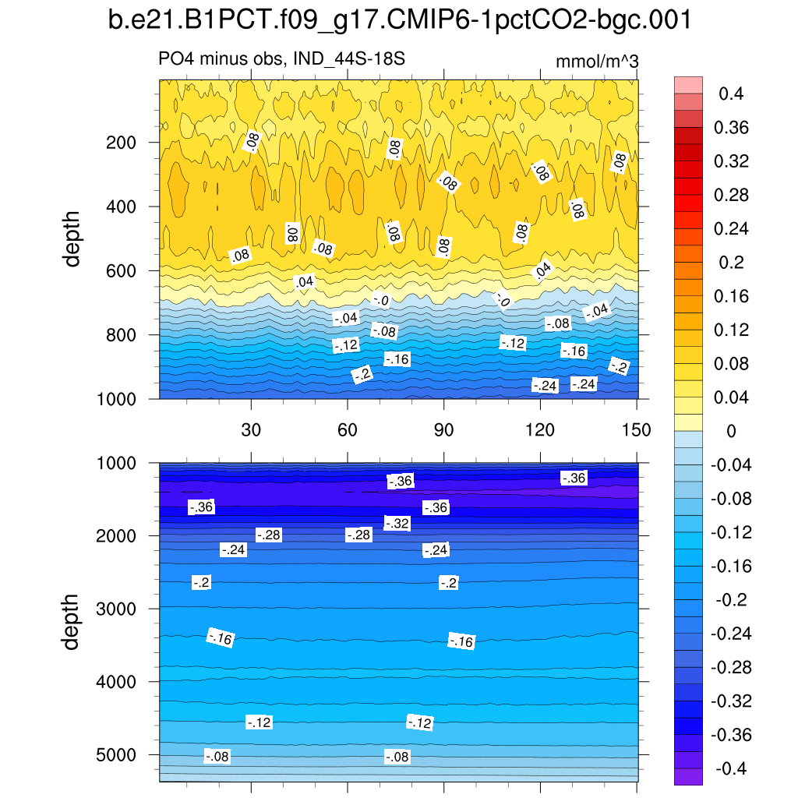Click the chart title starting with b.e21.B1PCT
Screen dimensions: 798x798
pyautogui.click(x=399, y=20)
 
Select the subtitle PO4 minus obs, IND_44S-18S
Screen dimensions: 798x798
pyautogui.click(x=282, y=59)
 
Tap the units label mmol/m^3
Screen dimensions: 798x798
pyautogui.click(x=597, y=61)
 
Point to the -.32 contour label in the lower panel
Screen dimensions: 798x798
pyautogui.click(x=397, y=524)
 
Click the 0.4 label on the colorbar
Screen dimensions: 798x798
pyautogui.click(x=732, y=94)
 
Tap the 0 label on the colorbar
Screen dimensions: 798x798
pyautogui.click(x=732, y=432)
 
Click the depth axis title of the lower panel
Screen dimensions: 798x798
pyautogui.click(x=72, y=621)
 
